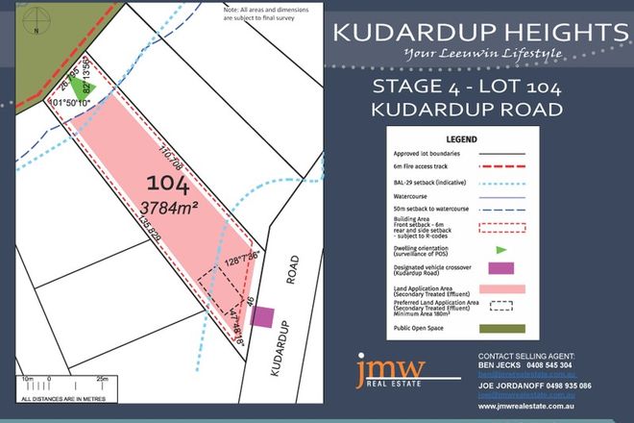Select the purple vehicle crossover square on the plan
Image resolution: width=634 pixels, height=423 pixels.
(264, 316)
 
